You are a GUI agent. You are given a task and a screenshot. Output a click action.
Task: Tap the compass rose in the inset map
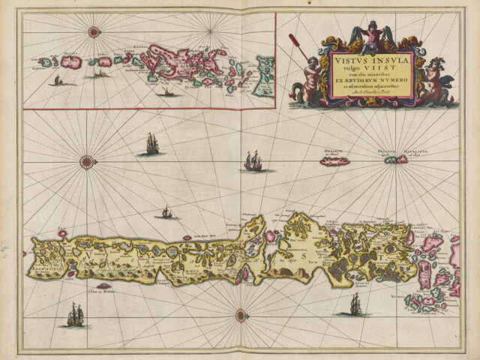(x=94, y=31)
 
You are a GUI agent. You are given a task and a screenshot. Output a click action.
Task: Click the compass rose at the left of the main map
(x=88, y=161)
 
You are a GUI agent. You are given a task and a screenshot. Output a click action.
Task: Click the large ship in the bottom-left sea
(x=75, y=316)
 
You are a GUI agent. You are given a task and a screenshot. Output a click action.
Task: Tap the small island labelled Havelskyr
(x=400, y=159)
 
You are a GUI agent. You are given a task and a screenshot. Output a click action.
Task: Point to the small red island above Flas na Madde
(x=103, y=285)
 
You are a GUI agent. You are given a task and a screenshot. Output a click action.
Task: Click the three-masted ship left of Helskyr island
(x=253, y=161)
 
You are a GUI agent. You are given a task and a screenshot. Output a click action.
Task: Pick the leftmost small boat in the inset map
(x=55, y=79)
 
